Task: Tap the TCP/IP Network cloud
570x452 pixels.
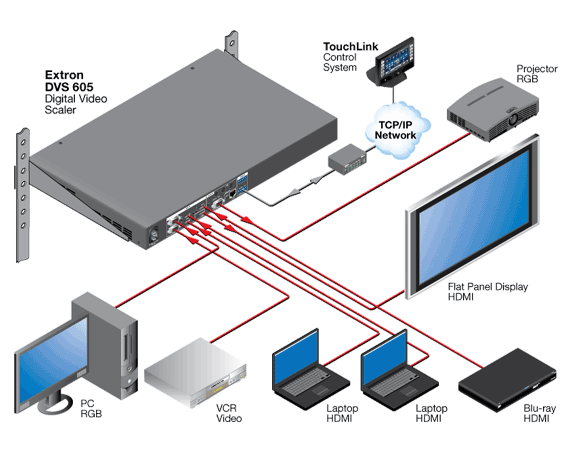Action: click(x=397, y=130)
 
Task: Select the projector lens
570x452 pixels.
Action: click(x=513, y=119)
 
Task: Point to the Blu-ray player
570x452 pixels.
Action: click(x=507, y=380)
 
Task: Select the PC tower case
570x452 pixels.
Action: click(x=105, y=345)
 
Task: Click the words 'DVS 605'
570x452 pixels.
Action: click(x=69, y=87)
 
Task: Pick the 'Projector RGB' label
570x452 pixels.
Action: click(x=537, y=73)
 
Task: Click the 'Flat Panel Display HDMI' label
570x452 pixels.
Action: click(x=487, y=292)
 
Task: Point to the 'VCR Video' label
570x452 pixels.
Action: click(x=229, y=413)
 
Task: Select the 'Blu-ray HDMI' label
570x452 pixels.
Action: click(x=539, y=413)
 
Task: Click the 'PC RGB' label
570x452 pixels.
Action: click(x=91, y=408)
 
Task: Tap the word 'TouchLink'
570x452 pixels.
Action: click(x=351, y=47)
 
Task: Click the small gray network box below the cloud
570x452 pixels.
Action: click(x=347, y=159)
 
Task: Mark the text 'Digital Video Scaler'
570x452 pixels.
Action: click(x=76, y=104)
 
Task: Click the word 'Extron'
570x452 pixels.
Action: click(x=64, y=75)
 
